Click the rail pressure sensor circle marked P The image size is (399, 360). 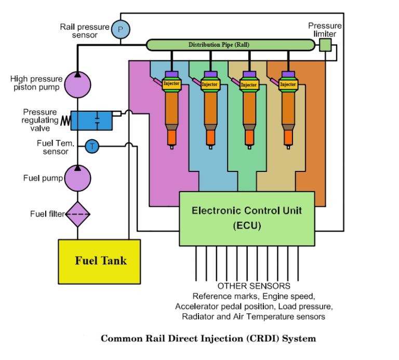(121, 30)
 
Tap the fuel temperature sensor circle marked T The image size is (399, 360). (92, 146)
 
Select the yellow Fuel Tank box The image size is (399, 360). (99, 261)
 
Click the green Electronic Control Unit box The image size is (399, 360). (247, 218)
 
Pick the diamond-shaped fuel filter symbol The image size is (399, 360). (77, 214)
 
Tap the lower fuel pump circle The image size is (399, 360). (77, 178)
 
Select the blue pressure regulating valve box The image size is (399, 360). (90, 120)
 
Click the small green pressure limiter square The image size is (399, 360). (325, 45)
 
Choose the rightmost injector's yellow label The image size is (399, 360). (288, 84)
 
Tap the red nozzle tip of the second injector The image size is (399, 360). (210, 137)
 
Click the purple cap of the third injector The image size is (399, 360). (249, 74)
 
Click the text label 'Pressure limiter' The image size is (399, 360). (325, 30)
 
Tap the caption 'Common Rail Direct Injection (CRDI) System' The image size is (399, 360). (208, 339)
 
